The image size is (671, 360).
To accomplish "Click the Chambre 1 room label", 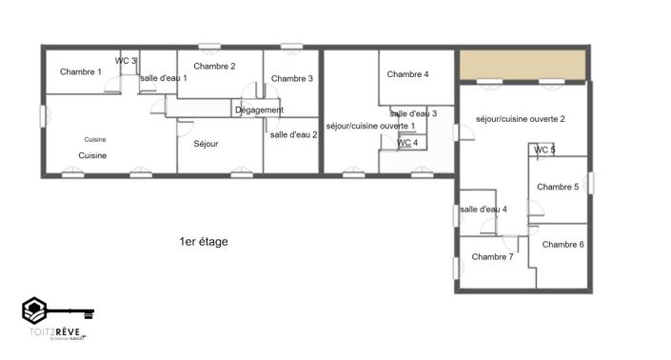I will pos(81,71).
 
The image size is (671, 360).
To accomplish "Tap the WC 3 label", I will pos(126,61).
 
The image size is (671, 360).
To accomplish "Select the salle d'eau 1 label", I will pos(164,78).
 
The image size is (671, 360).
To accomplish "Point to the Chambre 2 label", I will pos(214,66).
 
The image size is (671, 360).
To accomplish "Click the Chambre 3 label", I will pos(291,78).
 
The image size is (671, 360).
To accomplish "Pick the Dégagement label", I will pos(259,110).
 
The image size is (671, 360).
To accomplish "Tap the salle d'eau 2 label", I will pos(293,134).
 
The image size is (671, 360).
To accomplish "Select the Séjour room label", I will pos(206,144).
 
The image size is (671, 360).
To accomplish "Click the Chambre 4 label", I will pos(407,74).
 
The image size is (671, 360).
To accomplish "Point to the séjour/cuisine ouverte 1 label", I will pos(370,126).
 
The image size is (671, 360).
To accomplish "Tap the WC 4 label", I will pos(407,143).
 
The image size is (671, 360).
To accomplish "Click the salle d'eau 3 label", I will pos(413,113).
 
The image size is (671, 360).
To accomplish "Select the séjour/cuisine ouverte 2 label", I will pos(521,119).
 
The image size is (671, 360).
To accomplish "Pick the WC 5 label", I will pos(544,150).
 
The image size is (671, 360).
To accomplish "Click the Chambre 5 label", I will pos(558,187).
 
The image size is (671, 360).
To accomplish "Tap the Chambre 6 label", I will pos(562,244).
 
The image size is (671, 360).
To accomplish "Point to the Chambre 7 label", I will pos(492,256).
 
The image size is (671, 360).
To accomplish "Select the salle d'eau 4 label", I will pos(484,209).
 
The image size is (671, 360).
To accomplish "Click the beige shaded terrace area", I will pos(522,65).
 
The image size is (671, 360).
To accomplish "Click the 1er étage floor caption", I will pos(203,242).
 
